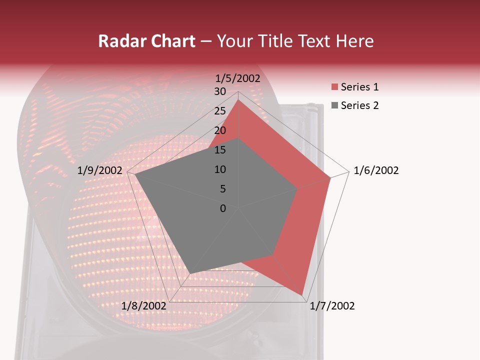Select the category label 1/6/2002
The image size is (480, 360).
point(376,170)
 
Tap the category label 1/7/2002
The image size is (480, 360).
point(332,306)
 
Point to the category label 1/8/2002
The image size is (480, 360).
point(143,306)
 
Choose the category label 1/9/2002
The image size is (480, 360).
point(100,170)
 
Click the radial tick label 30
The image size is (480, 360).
point(220,91)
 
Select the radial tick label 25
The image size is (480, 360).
point(220,111)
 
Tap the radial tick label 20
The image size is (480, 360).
point(220,130)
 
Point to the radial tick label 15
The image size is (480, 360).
point(220,150)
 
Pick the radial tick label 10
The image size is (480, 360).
point(220,169)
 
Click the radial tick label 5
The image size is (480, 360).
point(222,189)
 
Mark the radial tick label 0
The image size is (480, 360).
point(222,208)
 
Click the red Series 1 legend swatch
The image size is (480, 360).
point(334,87)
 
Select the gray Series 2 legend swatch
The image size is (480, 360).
point(334,105)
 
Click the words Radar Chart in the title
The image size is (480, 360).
point(146,41)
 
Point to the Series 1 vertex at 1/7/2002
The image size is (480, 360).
point(302,294)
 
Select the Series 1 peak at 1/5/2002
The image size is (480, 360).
point(238,100)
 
